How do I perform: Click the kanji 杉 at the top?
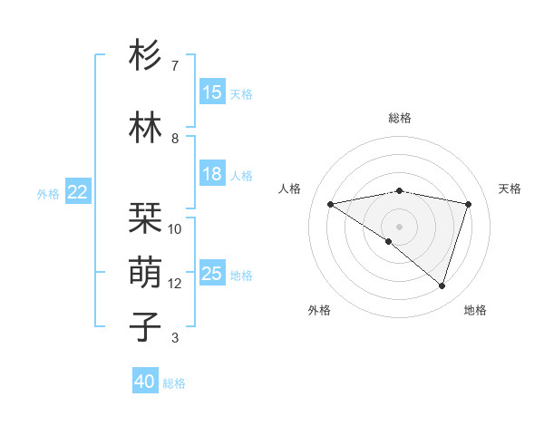(x=146, y=57)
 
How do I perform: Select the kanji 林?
(x=146, y=129)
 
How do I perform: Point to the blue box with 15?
(x=212, y=92)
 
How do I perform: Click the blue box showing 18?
(x=212, y=174)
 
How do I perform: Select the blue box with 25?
(x=212, y=274)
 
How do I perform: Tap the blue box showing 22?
(x=78, y=192)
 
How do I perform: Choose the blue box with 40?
(x=145, y=382)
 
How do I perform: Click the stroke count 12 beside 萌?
(x=175, y=284)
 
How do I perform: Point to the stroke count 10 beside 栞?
(x=175, y=229)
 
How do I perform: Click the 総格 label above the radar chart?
(x=400, y=118)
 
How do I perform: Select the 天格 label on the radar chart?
(x=510, y=189)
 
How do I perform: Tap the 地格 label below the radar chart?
(x=475, y=310)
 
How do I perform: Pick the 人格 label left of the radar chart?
(x=290, y=189)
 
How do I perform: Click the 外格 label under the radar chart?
(x=319, y=310)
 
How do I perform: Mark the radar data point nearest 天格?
(x=469, y=204)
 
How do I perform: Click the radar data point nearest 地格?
(x=442, y=286)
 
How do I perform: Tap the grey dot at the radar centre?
(x=399, y=225)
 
